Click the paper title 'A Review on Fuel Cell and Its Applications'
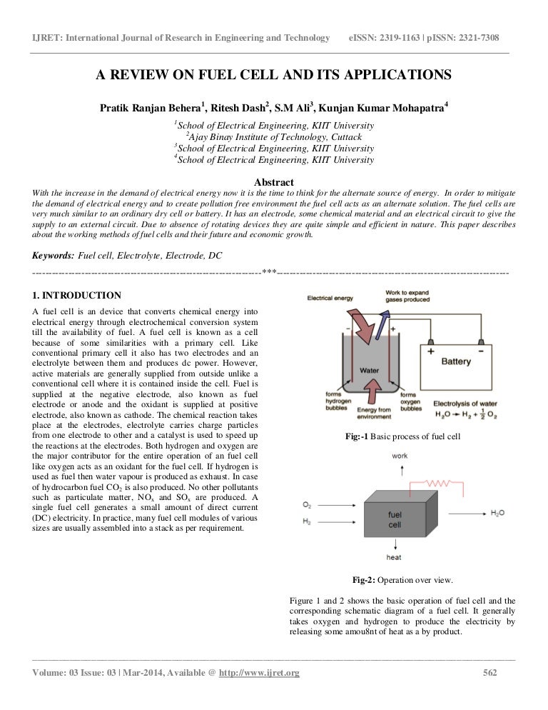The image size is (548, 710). (x=274, y=74)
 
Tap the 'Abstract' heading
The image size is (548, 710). (x=274, y=181)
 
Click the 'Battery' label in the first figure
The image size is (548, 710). (x=455, y=361)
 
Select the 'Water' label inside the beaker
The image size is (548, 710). (x=369, y=371)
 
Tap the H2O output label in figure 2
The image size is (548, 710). (x=498, y=513)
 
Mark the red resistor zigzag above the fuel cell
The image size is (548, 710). (x=442, y=484)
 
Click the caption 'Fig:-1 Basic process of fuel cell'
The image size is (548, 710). (x=402, y=436)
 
